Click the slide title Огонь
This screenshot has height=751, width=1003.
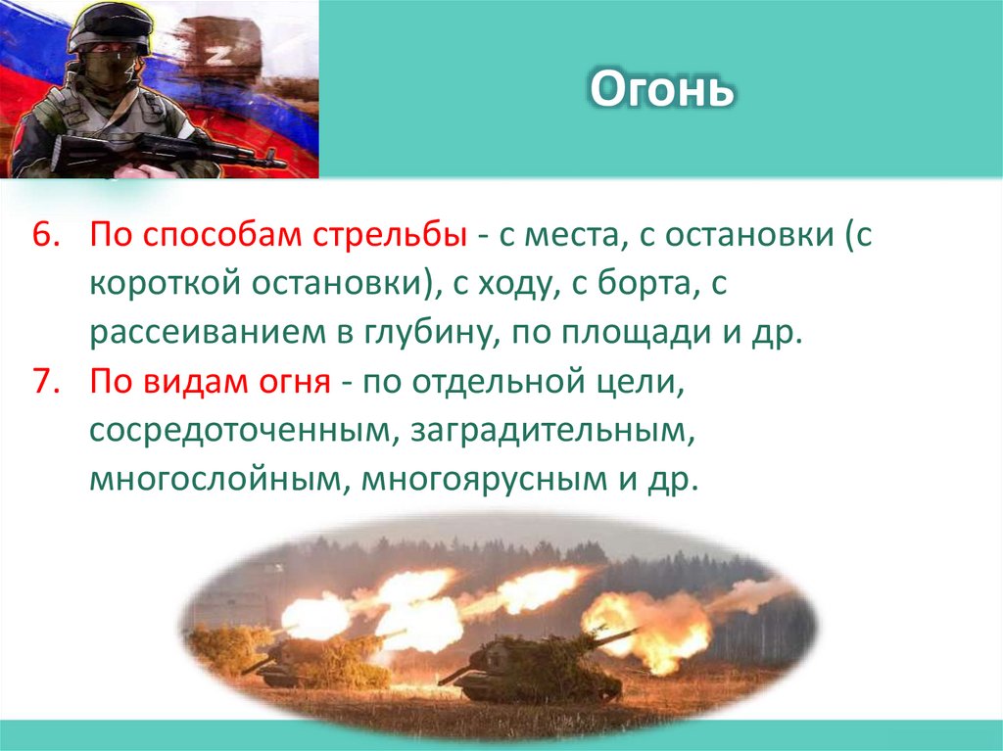pos(662,90)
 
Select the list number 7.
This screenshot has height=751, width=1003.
pos(45,382)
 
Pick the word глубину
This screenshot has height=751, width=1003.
pos(427,333)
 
